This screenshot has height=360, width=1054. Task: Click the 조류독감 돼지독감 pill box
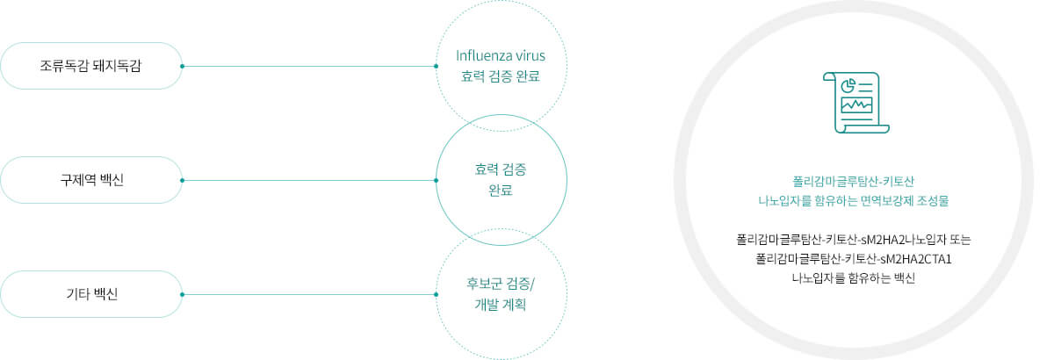click(91, 66)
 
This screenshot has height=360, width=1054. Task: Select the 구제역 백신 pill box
click(91, 180)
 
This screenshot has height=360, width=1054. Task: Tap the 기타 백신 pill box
click(91, 294)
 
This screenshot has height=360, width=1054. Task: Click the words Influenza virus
click(501, 55)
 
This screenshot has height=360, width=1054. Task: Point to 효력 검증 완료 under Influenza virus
click(501, 76)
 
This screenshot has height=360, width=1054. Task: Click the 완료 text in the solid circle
click(501, 191)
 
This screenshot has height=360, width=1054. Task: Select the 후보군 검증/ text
click(501, 284)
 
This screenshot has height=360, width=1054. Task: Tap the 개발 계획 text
click(501, 305)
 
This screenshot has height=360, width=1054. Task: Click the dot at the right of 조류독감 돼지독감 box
click(182, 67)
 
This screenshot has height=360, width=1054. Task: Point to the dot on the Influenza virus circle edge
click(437, 67)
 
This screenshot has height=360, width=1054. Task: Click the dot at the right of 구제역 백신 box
click(182, 180)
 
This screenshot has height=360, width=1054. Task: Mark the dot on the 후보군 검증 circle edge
click(437, 295)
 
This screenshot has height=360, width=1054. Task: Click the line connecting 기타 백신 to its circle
click(309, 295)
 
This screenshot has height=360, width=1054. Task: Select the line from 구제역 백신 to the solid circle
click(309, 180)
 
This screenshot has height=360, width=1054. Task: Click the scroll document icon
click(855, 103)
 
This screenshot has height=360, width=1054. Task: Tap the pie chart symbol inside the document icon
click(848, 86)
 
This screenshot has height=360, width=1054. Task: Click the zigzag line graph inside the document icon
click(856, 105)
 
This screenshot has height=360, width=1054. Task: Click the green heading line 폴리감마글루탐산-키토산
click(854, 181)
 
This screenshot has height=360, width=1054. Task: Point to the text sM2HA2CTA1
click(915, 259)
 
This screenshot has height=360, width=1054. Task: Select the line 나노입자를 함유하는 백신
click(854, 278)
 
